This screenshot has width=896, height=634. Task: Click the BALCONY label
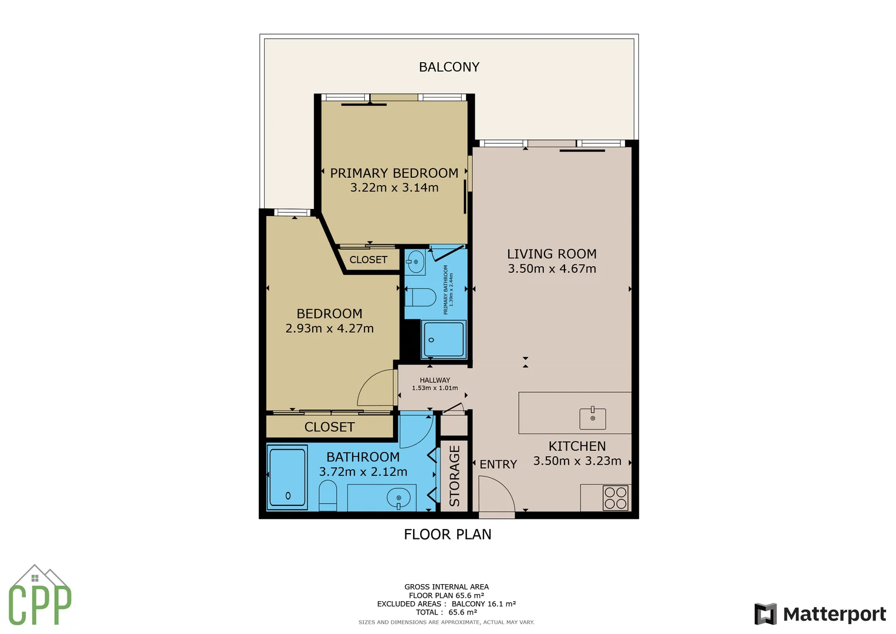tap(449, 67)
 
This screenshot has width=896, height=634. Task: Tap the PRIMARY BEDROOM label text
tap(394, 173)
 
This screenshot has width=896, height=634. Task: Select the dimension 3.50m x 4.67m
tap(552, 269)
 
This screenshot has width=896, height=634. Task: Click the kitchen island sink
tap(593, 418)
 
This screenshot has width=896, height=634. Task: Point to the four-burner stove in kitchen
tap(616, 498)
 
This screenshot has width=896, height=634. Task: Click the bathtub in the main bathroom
tap(287, 478)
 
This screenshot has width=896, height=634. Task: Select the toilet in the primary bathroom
tap(420, 298)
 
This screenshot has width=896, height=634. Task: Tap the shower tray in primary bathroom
tap(444, 339)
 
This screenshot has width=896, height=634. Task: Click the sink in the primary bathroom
tap(415, 262)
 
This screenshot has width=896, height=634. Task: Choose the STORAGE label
tap(454, 475)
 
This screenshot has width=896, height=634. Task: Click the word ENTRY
tap(498, 464)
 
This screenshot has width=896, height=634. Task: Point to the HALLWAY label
tap(435, 380)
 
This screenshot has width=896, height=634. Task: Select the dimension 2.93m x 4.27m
tap(329, 329)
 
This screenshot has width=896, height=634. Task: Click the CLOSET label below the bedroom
tap(329, 427)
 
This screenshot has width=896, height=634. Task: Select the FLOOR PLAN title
tap(448, 534)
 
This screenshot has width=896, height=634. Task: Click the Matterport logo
tap(820, 614)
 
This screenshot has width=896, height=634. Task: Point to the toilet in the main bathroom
tap(327, 496)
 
